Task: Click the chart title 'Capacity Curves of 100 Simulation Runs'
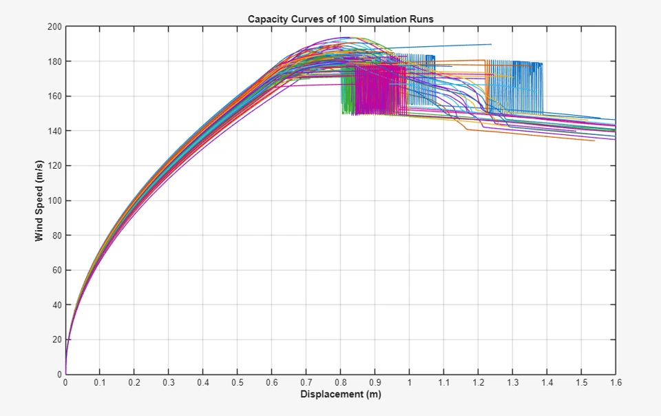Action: coord(340,19)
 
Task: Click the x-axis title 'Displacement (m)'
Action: coord(340,395)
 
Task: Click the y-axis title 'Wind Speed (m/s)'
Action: coord(39,200)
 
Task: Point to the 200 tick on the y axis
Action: coord(54,27)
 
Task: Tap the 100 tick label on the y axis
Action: coord(54,200)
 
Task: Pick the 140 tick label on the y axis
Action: coord(54,131)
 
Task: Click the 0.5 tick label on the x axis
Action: coord(238,382)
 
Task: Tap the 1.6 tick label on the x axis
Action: coord(616,382)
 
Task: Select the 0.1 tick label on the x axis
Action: coord(100,382)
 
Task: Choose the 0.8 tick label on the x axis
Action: coord(340,382)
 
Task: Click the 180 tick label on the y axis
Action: coord(54,61)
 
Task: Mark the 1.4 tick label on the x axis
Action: coord(547,382)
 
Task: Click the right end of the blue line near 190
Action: coord(490,45)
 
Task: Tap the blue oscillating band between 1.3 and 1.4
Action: coord(527,86)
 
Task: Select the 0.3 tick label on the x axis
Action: coord(169,382)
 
